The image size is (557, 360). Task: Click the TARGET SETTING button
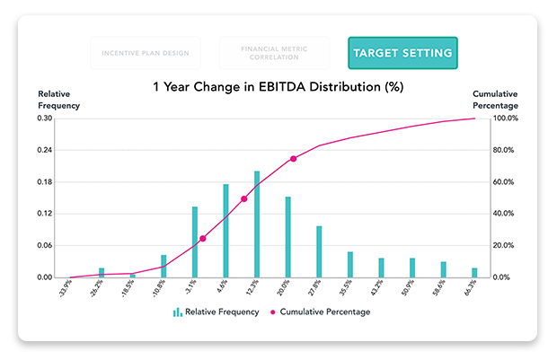point(402,53)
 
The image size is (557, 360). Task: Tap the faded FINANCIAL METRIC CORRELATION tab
point(273,53)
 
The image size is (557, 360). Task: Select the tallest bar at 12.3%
point(257,224)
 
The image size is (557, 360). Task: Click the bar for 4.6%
point(225,231)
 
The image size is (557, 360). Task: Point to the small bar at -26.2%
point(102,273)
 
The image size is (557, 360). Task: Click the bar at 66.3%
point(474,273)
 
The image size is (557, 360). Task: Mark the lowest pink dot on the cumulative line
point(202,239)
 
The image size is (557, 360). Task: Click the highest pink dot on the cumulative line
point(293,159)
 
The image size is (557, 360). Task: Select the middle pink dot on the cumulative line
point(243,198)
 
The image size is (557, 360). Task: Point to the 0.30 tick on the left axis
point(44,119)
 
